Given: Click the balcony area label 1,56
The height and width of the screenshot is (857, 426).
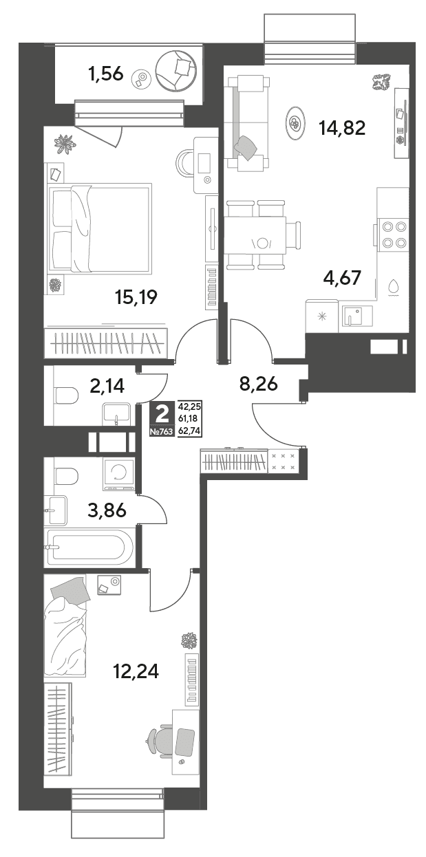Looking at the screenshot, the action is pos(105,74).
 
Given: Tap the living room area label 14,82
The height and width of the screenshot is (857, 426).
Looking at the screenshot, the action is pos(343,128).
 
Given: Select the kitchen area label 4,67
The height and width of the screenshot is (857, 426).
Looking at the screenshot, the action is pos(342,277).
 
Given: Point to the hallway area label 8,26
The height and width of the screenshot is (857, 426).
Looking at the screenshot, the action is pos(258,384).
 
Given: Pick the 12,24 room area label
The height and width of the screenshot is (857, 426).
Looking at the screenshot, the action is pos(136,671).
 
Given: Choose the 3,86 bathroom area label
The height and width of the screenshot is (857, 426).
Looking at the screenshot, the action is pos(107,510).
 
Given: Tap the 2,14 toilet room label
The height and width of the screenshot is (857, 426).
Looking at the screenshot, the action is pos(107,386).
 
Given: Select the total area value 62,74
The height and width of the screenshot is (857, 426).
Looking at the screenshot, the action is pos(189,431).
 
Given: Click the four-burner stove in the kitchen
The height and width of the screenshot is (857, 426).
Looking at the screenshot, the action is pos(394,235).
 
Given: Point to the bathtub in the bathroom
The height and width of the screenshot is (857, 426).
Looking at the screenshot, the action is pos(90,548).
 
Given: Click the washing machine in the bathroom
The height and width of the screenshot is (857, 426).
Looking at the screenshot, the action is pos(118,475).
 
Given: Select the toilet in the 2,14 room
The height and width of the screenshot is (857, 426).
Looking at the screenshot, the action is pos(67,395).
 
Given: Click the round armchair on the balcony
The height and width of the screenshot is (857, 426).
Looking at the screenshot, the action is pos(177,70).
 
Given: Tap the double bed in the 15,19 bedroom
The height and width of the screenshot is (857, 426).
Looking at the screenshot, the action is pos(98,228).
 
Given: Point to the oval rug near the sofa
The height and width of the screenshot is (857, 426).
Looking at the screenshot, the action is pos(295,123).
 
